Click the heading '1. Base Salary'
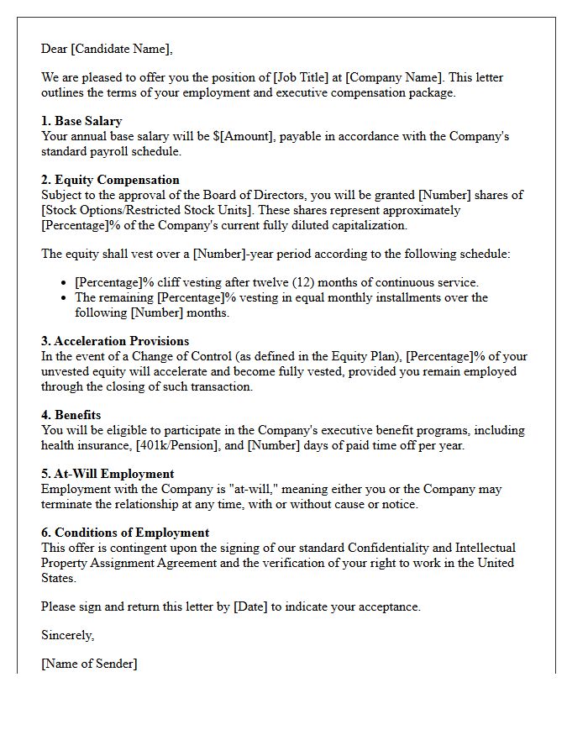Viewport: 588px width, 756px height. click(81, 121)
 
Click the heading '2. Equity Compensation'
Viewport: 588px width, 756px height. click(110, 180)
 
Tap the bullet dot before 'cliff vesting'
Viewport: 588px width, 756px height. click(66, 283)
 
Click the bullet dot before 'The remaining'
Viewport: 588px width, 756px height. click(66, 298)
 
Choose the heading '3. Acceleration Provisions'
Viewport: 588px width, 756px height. click(115, 341)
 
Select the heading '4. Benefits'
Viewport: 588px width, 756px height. click(71, 415)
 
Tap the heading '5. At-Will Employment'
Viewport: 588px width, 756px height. click(108, 474)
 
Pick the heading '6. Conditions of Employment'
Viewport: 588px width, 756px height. click(125, 533)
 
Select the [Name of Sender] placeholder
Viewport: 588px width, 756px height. click(89, 664)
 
